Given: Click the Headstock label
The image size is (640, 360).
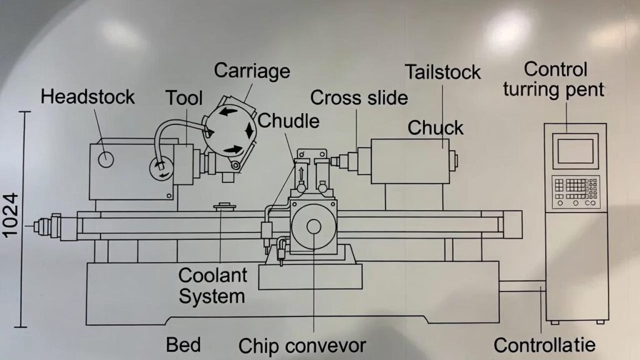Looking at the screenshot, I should tap(87, 97).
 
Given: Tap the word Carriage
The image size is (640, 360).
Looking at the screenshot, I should tap(252, 71).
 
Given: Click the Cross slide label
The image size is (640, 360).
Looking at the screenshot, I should tap(359, 97).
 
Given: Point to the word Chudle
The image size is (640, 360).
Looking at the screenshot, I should tap(288, 120).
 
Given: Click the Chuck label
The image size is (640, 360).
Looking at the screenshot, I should tap(436, 127).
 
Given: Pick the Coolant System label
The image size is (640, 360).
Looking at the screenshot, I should tap(212, 284).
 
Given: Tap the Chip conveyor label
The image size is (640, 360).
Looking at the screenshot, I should tap(302, 345).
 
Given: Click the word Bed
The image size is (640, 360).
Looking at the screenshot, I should tap(183, 344).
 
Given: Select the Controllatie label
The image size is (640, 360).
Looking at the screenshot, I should tap(544, 344).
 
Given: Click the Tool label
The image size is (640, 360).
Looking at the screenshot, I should tap(184, 97).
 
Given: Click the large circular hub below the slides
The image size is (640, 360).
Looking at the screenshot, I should tap(313, 228).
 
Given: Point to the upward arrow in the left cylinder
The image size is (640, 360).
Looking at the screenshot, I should tap(302, 173).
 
